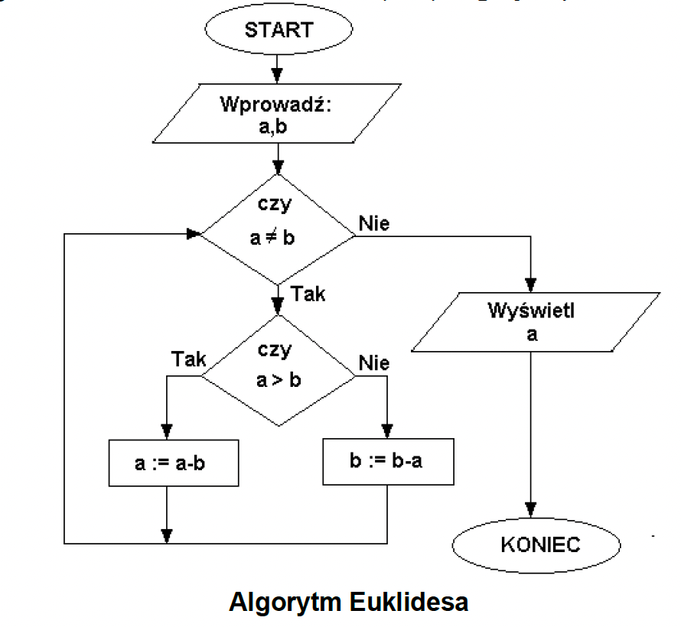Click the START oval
click(x=279, y=31)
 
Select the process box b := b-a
click(x=388, y=462)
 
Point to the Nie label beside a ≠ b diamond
click(x=373, y=224)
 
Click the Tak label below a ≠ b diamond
click(x=308, y=294)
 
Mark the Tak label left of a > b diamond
click(x=189, y=359)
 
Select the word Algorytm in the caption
click(x=285, y=601)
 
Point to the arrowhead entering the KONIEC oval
click(x=531, y=510)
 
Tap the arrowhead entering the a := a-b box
click(x=167, y=430)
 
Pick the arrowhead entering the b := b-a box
click(x=388, y=430)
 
